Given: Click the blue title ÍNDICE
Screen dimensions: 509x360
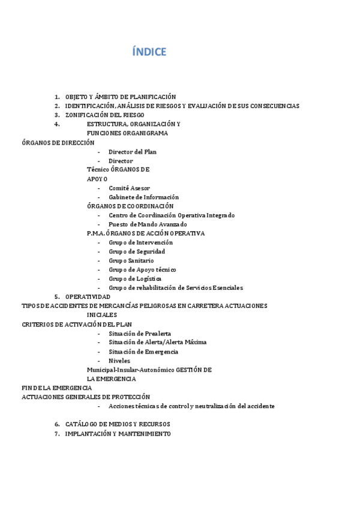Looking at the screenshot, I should point(149,52).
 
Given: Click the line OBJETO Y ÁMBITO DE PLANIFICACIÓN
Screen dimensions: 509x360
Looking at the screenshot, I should point(120,97).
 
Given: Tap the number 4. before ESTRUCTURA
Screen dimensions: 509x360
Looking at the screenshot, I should point(57,124).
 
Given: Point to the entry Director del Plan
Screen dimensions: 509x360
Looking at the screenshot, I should point(132,152).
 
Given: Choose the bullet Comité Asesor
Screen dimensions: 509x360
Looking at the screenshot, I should point(129,188).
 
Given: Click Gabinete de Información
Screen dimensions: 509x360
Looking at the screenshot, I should point(143,197).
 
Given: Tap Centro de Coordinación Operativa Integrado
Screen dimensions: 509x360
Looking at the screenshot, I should point(172,215).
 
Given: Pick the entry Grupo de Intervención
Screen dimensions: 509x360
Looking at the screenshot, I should point(140,242).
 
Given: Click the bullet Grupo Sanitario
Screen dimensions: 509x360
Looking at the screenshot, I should point(131,261).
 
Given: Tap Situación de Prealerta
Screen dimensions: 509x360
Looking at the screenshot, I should point(139,333).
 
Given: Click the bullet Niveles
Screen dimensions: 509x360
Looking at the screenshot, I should point(119,361).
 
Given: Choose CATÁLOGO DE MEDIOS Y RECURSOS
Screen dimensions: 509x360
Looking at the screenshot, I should point(118,424).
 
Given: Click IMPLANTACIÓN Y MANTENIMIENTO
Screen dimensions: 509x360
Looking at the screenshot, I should point(118,433).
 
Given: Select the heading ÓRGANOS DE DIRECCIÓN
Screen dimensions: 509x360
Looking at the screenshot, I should point(58,143).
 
